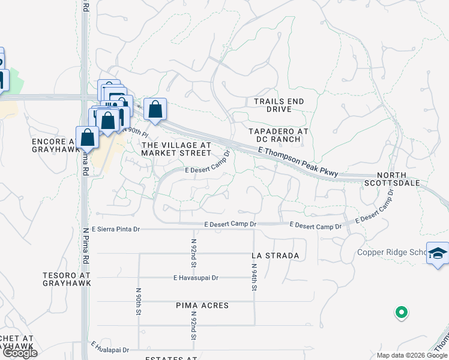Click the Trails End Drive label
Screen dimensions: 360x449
tap(279, 106)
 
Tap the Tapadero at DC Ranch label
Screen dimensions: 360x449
tap(279, 135)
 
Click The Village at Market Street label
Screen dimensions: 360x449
tap(176, 149)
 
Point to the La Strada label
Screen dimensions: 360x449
tap(276, 256)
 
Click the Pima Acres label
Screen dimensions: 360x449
tap(202, 305)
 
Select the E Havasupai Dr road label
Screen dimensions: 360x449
tap(196, 278)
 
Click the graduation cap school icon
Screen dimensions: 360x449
tap(438, 253)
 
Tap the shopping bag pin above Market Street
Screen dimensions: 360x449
tap(155, 110)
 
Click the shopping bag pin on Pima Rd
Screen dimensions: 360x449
tap(88, 137)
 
